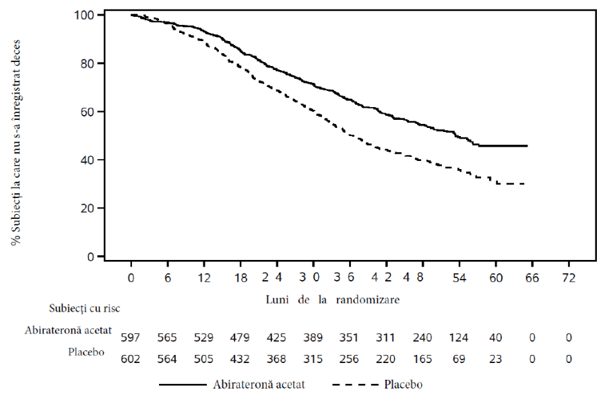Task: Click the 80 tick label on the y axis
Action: tap(87, 63)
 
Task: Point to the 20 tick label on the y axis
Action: tap(87, 208)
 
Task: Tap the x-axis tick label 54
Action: tap(459, 278)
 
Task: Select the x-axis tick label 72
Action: tap(569, 278)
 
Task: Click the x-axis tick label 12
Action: tap(204, 278)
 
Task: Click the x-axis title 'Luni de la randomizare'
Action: tap(333, 300)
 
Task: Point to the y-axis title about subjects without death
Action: tap(16, 143)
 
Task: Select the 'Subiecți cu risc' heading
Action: tap(84, 308)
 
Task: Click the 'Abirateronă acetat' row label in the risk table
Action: tap(68, 330)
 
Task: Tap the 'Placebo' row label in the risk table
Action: tap(86, 352)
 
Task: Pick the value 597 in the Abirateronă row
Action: tap(130, 337)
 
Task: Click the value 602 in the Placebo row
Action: tap(130, 359)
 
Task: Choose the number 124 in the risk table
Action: tap(459, 337)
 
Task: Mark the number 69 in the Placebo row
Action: tap(459, 359)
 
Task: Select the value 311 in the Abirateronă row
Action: tap(385, 337)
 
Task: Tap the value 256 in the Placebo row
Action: tap(349, 359)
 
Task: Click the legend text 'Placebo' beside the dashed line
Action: tap(403, 385)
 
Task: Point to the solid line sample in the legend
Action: tap(183, 385)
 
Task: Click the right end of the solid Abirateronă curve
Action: tap(527, 145)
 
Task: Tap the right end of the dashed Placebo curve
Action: tap(525, 184)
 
